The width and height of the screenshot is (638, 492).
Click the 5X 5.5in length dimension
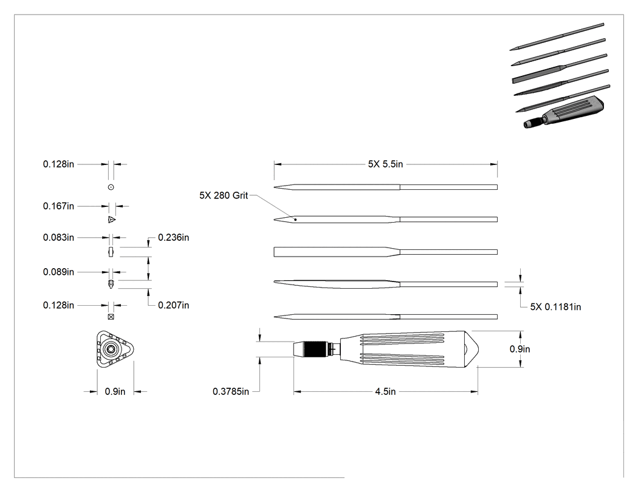tap(385, 164)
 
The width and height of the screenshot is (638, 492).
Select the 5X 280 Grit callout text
tap(224, 195)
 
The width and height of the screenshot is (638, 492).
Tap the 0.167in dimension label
tap(58, 206)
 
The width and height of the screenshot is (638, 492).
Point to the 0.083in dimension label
tap(58, 237)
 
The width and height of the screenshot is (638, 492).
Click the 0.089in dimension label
tap(58, 272)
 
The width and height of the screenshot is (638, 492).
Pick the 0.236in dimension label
tap(173, 237)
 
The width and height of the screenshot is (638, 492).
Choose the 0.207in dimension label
tap(173, 305)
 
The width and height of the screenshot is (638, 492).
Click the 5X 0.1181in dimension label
tap(555, 307)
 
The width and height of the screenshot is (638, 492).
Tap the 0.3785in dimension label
tap(231, 392)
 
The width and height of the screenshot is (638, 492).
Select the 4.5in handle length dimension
tap(385, 392)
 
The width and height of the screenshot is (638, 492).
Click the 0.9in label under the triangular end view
tap(115, 392)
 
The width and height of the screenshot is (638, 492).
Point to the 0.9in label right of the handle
tap(520, 349)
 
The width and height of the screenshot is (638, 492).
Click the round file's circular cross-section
tap(111, 187)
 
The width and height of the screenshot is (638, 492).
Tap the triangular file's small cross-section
tap(112, 220)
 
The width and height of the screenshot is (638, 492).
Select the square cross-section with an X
tap(111, 317)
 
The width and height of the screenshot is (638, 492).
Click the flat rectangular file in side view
tap(385, 252)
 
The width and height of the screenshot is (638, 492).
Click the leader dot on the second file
tap(295, 220)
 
